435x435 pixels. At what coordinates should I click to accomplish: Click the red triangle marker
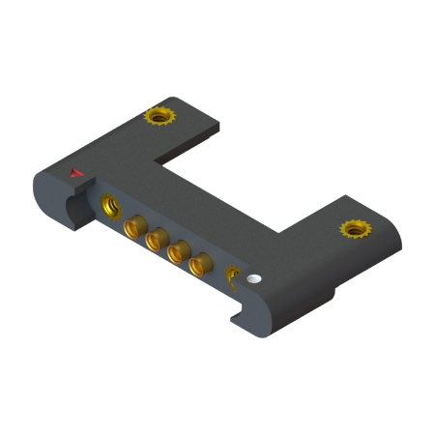pyautogui.click(x=76, y=174)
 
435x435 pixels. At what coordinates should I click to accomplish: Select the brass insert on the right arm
pyautogui.click(x=355, y=229)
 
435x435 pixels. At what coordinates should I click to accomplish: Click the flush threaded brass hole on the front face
pyautogui.click(x=108, y=205)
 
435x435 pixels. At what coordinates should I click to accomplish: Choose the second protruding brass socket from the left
pyautogui.click(x=155, y=240)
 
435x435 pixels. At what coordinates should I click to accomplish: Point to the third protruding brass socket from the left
pyautogui.click(x=177, y=252)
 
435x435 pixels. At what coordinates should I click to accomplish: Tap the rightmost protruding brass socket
pyautogui.click(x=200, y=265)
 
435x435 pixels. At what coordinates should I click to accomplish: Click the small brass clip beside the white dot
pyautogui.click(x=232, y=277)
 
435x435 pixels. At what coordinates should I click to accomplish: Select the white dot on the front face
pyautogui.click(x=254, y=278)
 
